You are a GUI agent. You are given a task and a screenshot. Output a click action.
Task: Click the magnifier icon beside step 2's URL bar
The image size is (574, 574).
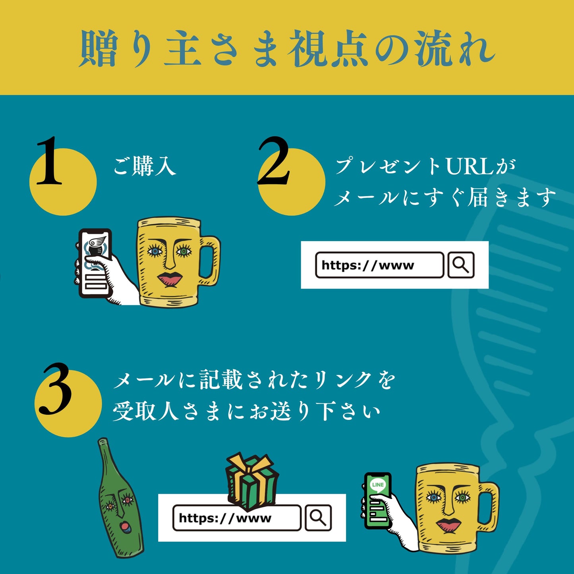tap(461, 265)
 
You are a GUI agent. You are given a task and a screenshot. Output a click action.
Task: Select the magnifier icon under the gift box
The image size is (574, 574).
tap(318, 518)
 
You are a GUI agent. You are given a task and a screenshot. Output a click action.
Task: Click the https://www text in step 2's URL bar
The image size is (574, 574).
tap(368, 265)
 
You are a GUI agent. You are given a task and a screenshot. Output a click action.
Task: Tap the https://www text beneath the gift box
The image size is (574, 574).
tap(225, 518)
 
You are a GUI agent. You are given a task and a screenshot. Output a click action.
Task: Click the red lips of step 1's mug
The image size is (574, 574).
tap(170, 279)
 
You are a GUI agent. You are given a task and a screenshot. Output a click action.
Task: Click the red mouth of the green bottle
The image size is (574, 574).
tap(124, 527)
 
